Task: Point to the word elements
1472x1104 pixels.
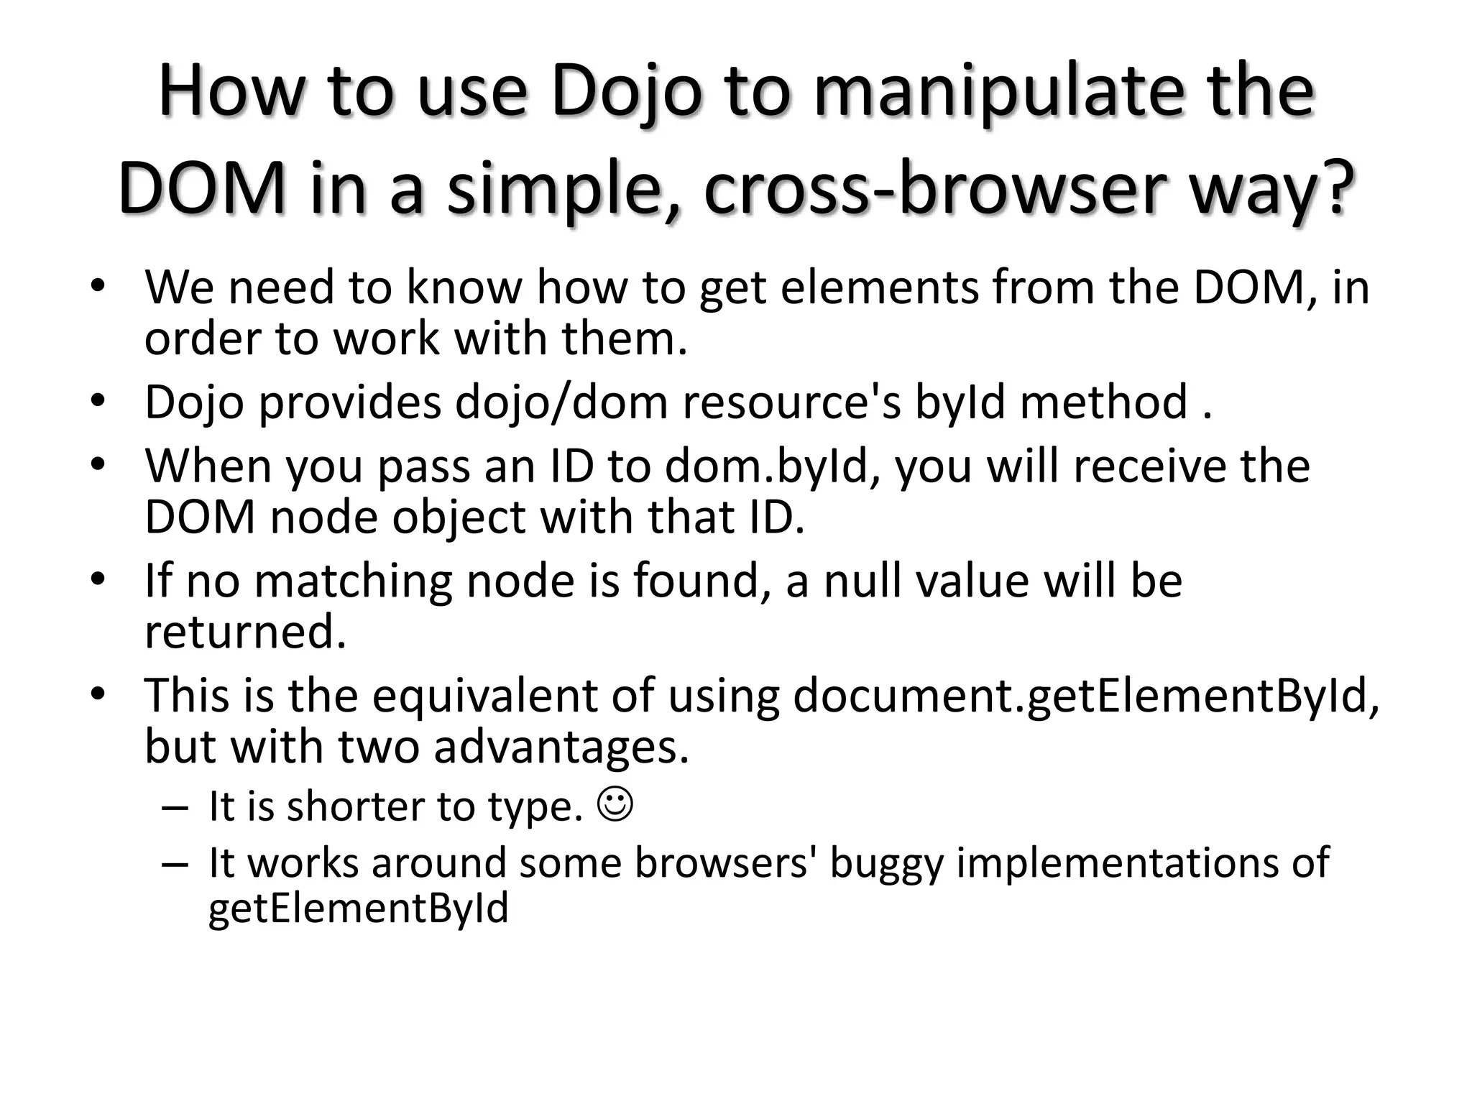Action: click(880, 287)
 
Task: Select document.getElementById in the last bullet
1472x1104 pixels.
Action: click(1086, 696)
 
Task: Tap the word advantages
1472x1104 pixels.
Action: click(561, 746)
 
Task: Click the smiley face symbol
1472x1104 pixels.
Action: click(615, 804)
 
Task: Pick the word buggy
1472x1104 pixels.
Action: click(885, 862)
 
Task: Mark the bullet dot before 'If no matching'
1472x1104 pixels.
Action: click(98, 579)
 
